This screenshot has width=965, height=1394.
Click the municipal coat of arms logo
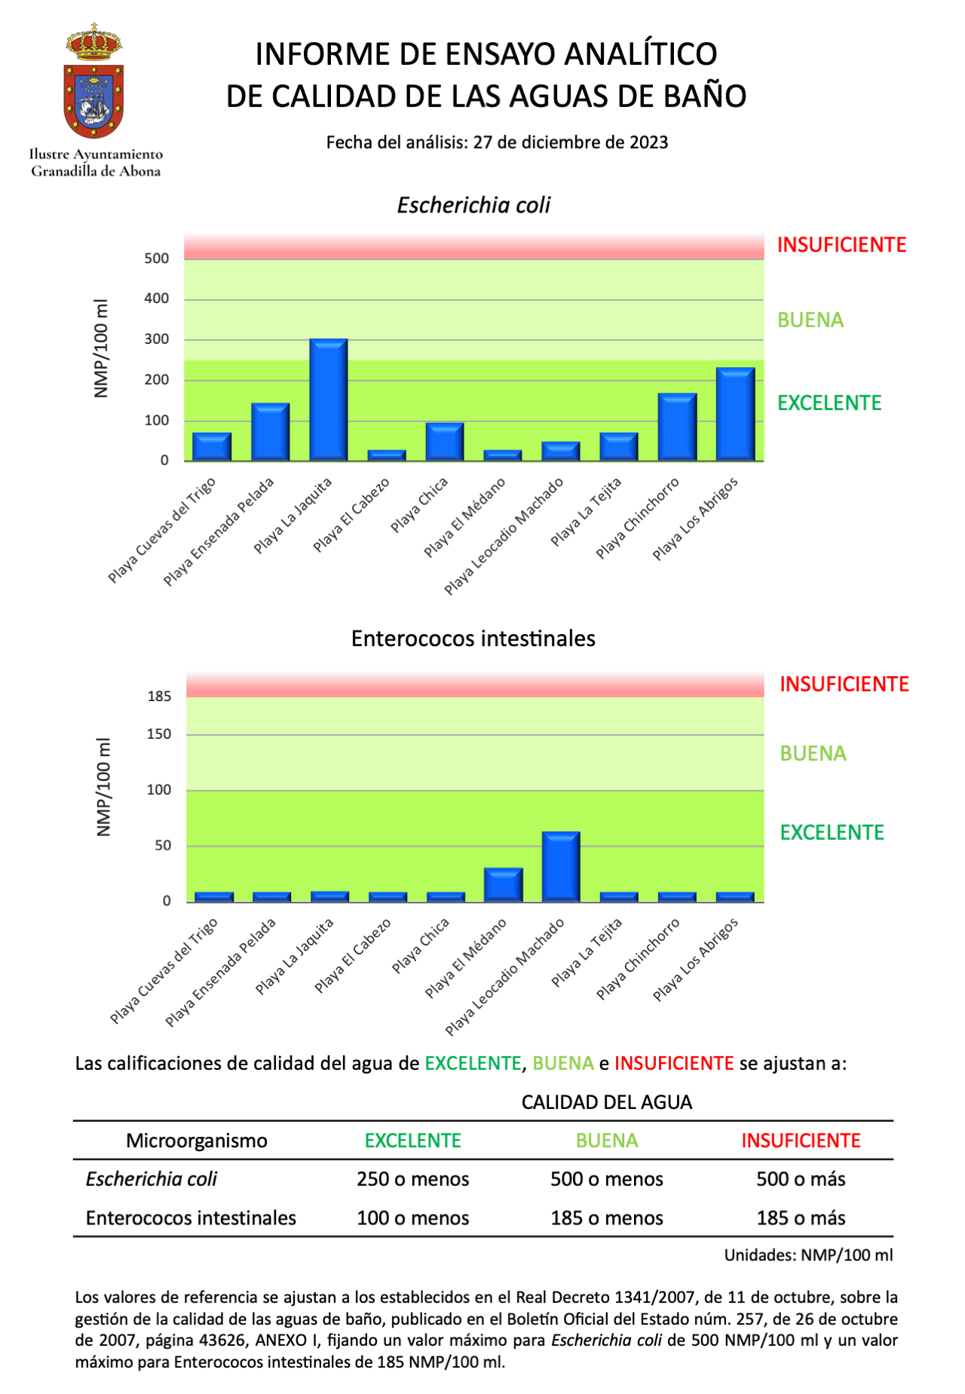click(x=94, y=81)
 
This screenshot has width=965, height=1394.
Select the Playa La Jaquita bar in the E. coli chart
click(x=329, y=400)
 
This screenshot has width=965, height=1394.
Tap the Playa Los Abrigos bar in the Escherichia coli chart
click(x=735, y=414)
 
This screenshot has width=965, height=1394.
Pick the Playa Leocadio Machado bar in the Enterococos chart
click(x=561, y=866)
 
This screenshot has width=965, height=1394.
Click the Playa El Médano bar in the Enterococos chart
click(x=503, y=884)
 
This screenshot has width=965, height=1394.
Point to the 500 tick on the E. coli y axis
click(x=157, y=259)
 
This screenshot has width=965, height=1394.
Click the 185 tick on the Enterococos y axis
click(x=159, y=697)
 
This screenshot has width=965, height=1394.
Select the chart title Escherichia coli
click(x=473, y=206)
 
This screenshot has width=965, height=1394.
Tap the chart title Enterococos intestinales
click(x=473, y=639)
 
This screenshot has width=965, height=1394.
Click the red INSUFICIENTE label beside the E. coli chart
click(x=841, y=245)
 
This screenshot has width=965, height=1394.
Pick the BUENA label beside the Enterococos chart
click(x=813, y=754)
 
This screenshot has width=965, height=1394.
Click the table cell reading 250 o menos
click(x=413, y=1179)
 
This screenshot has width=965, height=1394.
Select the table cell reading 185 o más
click(x=801, y=1218)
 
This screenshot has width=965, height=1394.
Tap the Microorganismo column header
click(x=197, y=1141)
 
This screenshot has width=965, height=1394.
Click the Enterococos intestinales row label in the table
click(x=191, y=1218)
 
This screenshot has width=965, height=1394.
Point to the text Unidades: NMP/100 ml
click(x=808, y=1255)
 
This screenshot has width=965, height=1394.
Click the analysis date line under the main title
click(x=497, y=142)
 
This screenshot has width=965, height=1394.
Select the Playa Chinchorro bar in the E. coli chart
click(x=677, y=427)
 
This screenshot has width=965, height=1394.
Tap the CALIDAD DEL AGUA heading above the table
click(x=607, y=1102)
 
